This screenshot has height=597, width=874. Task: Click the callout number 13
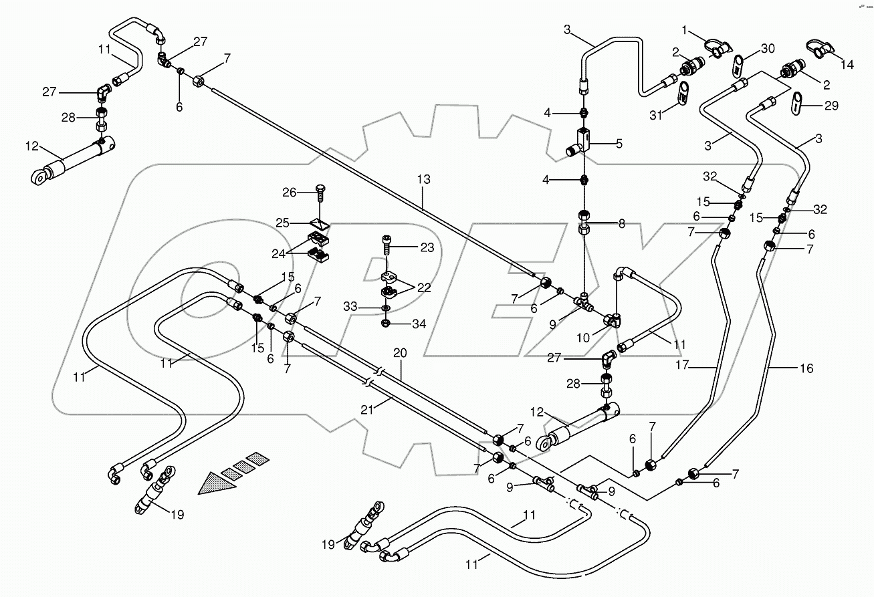pos(423,180)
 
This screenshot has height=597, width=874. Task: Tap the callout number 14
pos(847,65)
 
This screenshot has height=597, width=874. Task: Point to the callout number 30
pos(768,49)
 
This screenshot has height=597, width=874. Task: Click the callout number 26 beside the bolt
pos(289,193)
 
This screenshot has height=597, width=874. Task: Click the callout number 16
pos(806,368)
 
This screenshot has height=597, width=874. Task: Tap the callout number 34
pos(419,324)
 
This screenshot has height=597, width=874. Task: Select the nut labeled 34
pos(387,324)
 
